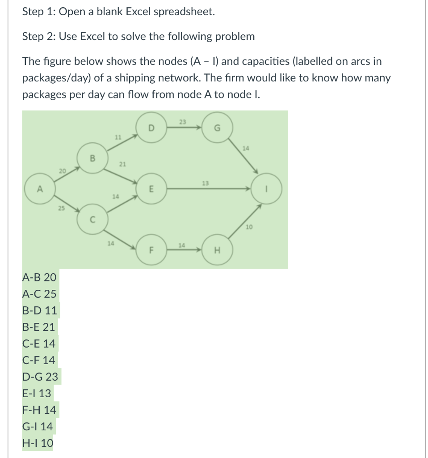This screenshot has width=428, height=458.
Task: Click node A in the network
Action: pos(39,190)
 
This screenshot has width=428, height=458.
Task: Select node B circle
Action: pos(92,157)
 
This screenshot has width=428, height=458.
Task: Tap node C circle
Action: pos(92,219)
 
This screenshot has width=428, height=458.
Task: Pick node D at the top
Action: pos(151,127)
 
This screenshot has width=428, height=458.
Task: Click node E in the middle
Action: pos(151,189)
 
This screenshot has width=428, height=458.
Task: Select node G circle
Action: pos(217,127)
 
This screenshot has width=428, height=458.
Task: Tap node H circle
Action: pos(217,250)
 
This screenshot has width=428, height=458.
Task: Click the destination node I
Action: pos(267,189)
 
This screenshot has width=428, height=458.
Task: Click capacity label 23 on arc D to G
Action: pos(182,121)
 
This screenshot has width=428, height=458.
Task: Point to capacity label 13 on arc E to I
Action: pos(205,183)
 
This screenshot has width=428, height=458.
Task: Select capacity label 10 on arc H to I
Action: pos(249,228)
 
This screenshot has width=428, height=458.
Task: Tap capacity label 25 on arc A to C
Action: pos(60,208)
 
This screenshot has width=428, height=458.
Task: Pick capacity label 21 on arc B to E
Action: pos(122,165)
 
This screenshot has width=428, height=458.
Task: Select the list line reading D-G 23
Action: pos(40,377)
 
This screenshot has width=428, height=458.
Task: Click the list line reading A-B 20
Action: pos(39,277)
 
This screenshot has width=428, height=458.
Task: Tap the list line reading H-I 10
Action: pos(38,443)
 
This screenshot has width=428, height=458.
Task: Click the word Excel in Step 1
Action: pos(138,12)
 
